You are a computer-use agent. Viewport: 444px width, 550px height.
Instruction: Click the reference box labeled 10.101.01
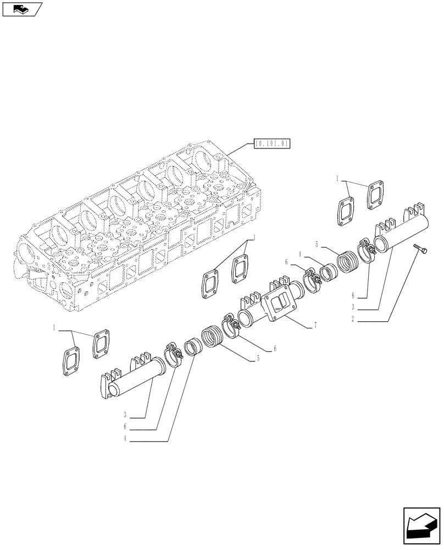click(272, 145)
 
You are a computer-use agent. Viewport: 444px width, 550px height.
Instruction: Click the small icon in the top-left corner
click(22, 8)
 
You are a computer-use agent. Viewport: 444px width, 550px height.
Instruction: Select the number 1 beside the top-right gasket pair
click(337, 179)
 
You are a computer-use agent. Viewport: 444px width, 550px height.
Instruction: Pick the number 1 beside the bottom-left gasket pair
click(54, 328)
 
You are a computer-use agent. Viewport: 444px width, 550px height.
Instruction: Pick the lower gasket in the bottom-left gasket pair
click(71, 364)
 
